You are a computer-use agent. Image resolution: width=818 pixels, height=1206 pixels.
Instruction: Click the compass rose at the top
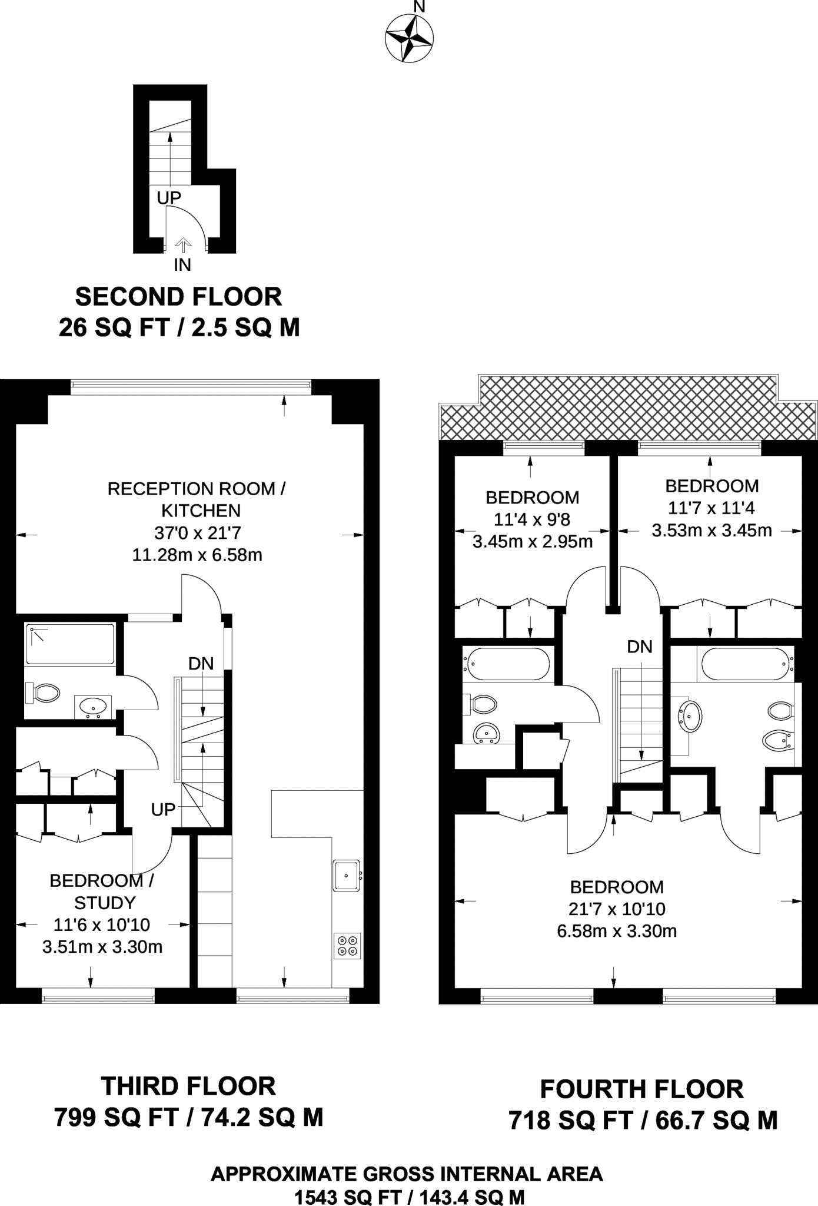click(409, 39)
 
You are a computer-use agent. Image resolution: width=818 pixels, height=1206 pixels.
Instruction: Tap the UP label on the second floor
click(169, 198)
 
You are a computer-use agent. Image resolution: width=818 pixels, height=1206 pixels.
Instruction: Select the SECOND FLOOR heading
click(178, 297)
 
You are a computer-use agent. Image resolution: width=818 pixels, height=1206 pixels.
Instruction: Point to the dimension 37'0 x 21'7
click(197, 533)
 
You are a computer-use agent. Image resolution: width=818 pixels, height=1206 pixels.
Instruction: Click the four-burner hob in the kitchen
click(347, 945)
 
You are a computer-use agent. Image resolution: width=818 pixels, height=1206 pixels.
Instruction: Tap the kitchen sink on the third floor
click(347, 876)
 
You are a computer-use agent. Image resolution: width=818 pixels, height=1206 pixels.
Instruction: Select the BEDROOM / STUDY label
click(103, 892)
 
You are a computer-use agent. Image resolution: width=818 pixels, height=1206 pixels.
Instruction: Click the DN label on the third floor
click(201, 664)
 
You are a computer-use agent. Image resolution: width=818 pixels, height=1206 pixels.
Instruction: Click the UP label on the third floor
click(163, 810)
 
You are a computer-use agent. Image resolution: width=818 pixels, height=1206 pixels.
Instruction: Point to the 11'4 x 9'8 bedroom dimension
click(532, 519)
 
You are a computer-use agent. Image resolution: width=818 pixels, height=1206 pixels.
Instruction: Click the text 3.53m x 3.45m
click(711, 531)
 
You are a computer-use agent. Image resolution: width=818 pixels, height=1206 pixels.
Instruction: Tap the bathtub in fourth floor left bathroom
click(507, 664)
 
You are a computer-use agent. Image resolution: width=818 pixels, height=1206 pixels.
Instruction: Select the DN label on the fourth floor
click(640, 647)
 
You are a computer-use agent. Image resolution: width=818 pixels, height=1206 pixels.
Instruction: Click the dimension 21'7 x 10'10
click(616, 909)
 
